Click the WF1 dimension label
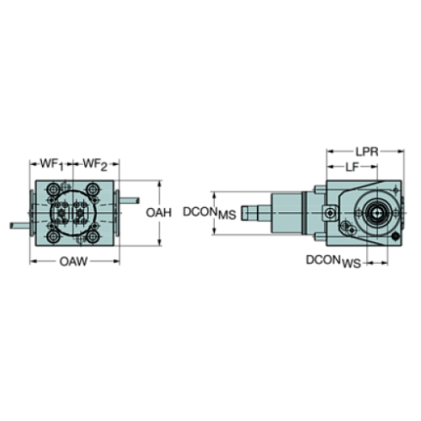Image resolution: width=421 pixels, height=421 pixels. pyautogui.click(x=52, y=162)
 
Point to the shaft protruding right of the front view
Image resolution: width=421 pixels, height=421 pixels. pyautogui.click(x=128, y=202)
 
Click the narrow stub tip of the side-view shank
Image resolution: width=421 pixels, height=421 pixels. pyautogui.click(x=253, y=210)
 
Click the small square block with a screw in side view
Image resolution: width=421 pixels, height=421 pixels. pyautogui.click(x=328, y=212)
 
